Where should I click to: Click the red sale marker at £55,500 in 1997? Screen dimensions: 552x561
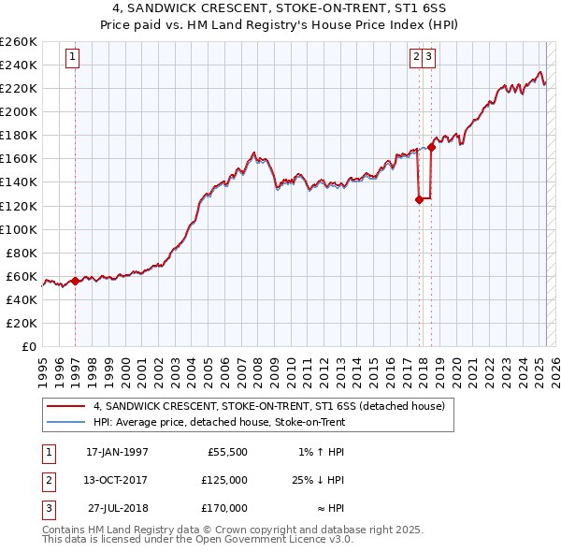click(75, 281)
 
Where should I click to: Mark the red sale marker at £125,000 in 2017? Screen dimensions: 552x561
click(419, 198)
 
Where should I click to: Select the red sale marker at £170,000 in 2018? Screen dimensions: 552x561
click(431, 146)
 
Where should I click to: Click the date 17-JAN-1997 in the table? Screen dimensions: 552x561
click(117, 452)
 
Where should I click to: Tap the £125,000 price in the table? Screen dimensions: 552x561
click(224, 480)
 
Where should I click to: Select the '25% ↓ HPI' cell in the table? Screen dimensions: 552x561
click(316, 480)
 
